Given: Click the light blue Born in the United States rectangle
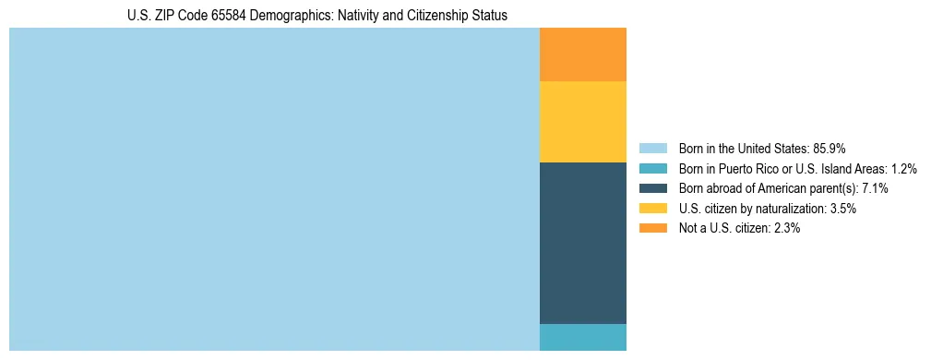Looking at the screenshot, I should click(x=274, y=189).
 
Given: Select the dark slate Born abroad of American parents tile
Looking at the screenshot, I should click(x=582, y=243).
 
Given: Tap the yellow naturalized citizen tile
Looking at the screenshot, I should click(x=582, y=122).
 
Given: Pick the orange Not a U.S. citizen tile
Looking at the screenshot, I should click(x=582, y=54).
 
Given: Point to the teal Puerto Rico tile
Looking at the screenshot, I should click(x=582, y=337).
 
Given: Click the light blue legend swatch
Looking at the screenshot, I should click(x=652, y=149).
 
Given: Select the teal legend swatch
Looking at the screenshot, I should click(x=652, y=169).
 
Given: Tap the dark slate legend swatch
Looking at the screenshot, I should click(x=652, y=188).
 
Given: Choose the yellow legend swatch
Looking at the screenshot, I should click(x=652, y=209).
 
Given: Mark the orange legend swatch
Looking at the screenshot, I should click(x=652, y=228).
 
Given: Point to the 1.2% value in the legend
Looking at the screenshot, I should click(x=903, y=169).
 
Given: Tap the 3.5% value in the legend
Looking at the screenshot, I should click(x=842, y=209).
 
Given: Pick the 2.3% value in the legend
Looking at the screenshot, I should click(x=786, y=228).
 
